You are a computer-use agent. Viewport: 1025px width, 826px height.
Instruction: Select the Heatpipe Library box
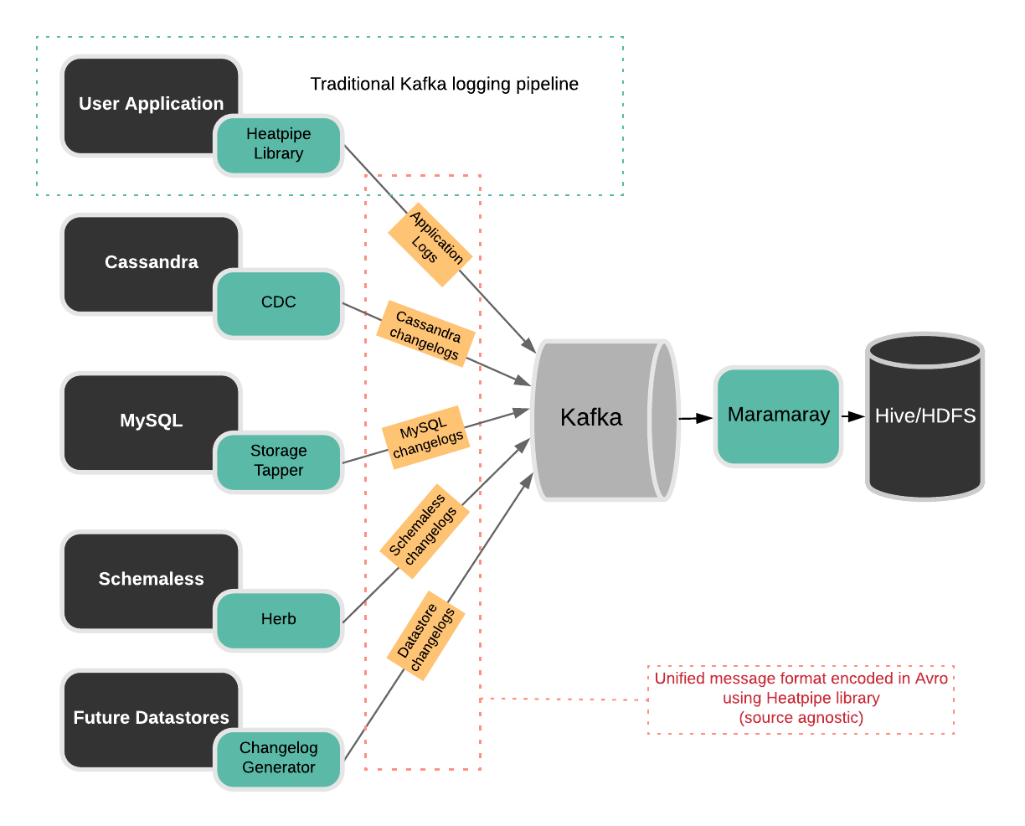tap(278, 144)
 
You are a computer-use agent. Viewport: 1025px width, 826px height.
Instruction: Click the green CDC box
tap(278, 302)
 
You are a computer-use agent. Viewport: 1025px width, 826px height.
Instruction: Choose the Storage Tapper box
tap(278, 461)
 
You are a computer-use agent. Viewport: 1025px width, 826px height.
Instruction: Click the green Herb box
tap(278, 619)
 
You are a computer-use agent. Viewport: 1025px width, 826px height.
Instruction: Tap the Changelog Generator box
tap(278, 757)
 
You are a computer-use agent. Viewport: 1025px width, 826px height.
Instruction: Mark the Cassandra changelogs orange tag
tap(426, 333)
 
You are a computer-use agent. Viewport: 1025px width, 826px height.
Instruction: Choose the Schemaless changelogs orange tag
tap(423, 531)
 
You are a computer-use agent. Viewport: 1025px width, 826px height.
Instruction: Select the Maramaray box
tap(778, 416)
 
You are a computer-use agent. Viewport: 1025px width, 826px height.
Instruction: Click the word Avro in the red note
tap(931, 679)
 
